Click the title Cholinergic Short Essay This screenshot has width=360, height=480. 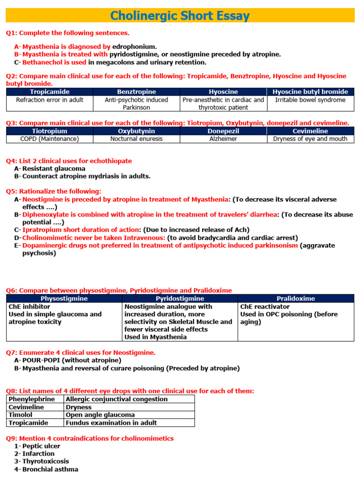pos(180,16)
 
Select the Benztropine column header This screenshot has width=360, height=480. pos(136,92)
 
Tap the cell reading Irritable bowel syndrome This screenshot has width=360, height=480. pos(310,100)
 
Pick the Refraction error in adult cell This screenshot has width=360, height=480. pos(50,100)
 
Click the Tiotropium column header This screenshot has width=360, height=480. pos(50,131)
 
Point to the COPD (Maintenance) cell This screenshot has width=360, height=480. pos(50,139)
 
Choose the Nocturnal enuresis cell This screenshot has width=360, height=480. pos(136,139)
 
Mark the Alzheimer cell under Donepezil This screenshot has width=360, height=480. pos(223,139)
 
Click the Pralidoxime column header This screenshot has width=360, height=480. pos(296,299)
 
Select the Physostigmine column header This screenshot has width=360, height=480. pos(64,299)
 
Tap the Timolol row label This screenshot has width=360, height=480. pos(21,415)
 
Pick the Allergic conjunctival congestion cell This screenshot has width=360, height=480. pos(116,399)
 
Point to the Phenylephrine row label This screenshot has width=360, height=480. pos(31,399)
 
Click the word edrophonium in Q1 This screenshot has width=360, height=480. pos(135,46)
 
